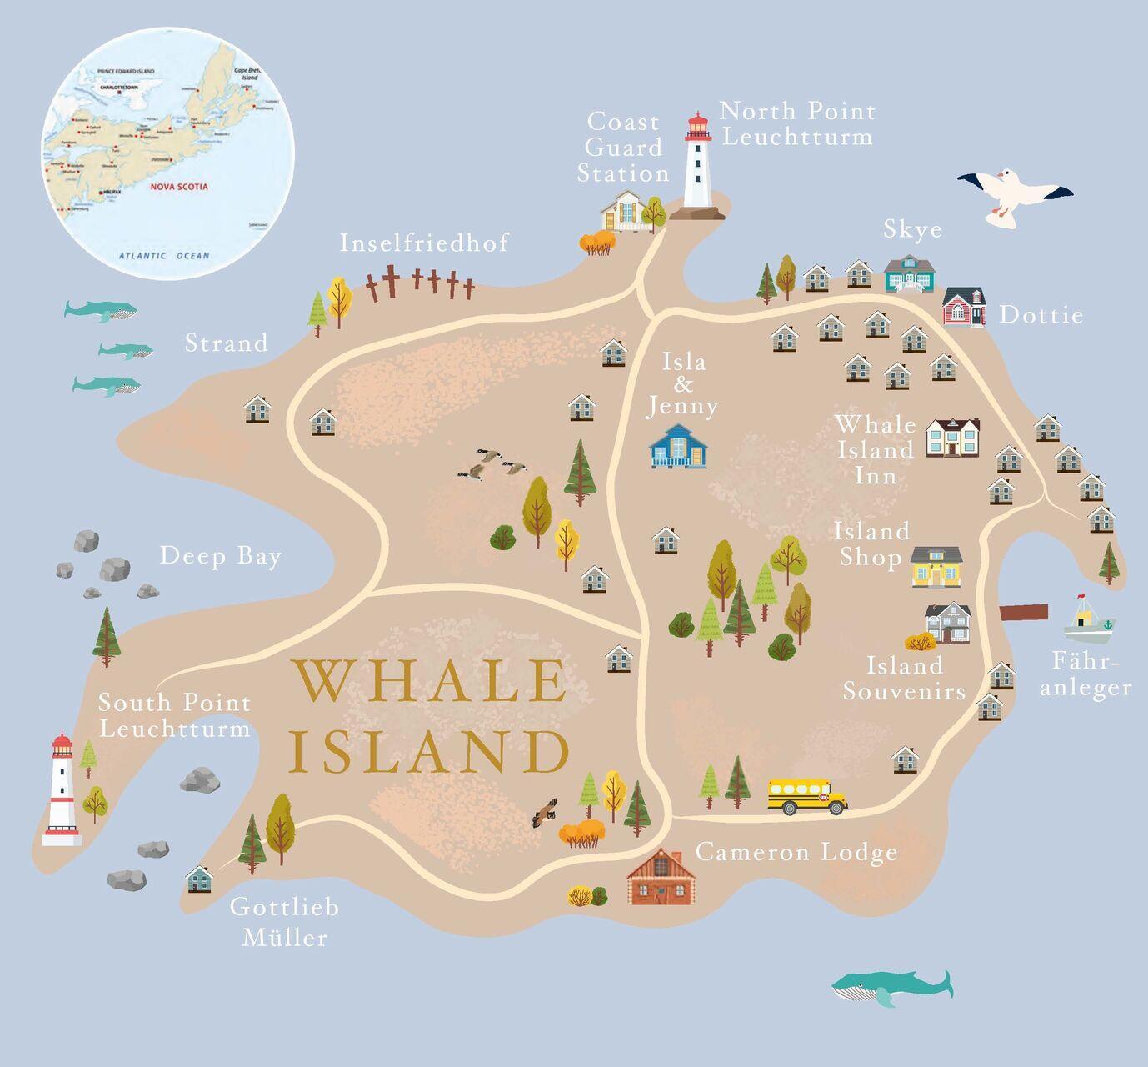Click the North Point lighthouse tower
(x=698, y=167)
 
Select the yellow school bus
(x=806, y=796)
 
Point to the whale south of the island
(x=891, y=988)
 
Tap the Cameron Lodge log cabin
(x=661, y=877)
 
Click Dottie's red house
(x=964, y=307)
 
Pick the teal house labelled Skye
(x=910, y=273)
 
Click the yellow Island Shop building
(x=936, y=567)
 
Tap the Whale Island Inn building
(x=952, y=438)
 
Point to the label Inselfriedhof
(x=424, y=243)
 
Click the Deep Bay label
(x=221, y=556)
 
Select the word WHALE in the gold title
(x=428, y=680)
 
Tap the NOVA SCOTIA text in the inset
(x=179, y=187)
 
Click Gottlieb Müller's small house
(x=199, y=879)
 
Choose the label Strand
(x=227, y=343)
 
